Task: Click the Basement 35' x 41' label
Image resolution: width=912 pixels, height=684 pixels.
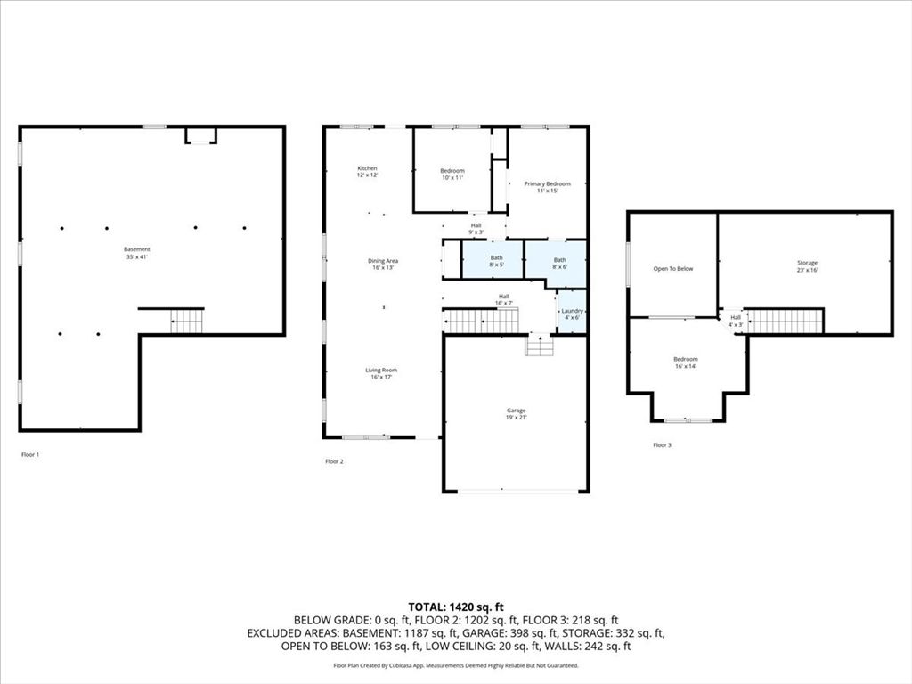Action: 137,253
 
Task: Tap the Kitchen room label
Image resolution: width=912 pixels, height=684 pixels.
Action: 368,172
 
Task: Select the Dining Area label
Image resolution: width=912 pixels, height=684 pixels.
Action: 383,265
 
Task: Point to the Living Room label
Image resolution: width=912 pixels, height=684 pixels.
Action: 380,373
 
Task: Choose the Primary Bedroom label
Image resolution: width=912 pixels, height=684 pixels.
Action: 547,187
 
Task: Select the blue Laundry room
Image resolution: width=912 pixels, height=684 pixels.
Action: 572,313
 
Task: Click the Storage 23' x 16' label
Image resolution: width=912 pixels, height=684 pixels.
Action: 807,266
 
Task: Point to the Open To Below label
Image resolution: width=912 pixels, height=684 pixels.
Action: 672,268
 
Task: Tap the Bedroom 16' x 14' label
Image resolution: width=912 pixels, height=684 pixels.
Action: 685,362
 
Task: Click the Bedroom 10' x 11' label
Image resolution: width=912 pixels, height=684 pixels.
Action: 452,175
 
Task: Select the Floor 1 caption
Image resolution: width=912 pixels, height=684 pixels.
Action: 30,454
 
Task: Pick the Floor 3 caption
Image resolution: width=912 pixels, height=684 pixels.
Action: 662,444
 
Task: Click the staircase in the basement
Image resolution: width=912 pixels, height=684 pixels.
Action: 187,321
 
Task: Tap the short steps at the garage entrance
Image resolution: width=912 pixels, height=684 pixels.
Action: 539,345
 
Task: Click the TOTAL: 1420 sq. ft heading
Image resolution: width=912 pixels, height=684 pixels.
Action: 456,607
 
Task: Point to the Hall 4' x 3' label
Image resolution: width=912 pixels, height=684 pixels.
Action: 736,321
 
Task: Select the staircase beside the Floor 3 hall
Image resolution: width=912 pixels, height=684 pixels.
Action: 784,321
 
